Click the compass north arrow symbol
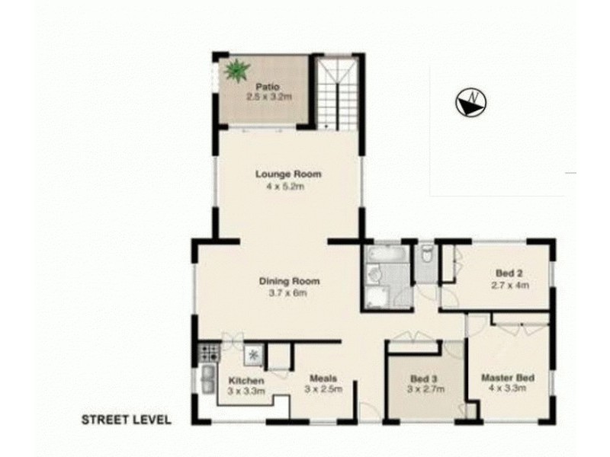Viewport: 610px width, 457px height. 470,101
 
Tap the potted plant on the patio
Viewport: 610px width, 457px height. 236,70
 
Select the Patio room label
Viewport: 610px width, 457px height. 265,86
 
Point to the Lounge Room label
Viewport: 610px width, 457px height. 287,174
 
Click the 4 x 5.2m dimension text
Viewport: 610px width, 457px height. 287,186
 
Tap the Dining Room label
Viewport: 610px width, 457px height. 288,281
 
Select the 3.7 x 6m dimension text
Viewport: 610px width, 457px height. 288,292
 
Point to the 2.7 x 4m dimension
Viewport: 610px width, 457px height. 510,286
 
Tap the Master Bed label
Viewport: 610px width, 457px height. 506,377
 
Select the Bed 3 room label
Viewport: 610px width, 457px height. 424,379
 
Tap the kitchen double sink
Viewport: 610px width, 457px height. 207,379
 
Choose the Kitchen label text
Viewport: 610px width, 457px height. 246,380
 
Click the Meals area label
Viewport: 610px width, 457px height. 323,378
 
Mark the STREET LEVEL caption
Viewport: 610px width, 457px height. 127,420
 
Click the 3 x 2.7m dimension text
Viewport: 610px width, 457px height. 424,390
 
